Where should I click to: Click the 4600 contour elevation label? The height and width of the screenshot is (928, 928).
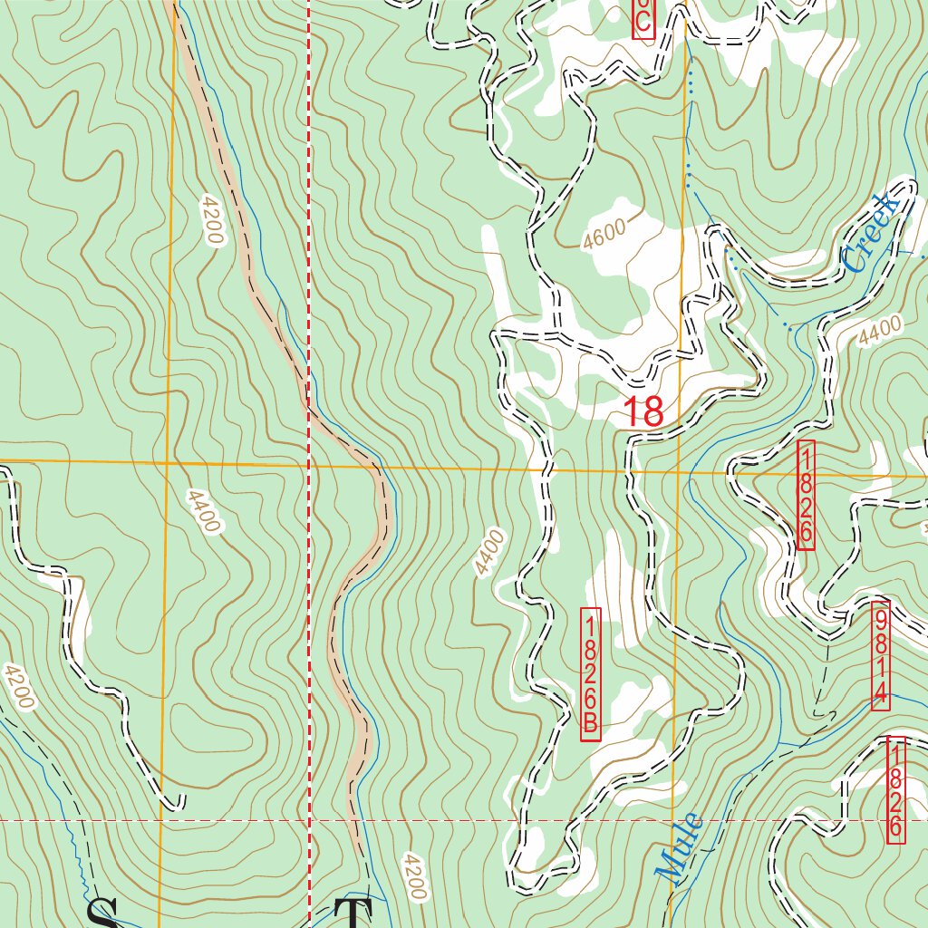pos(605,237)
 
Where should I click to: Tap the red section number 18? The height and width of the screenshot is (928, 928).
pos(644,412)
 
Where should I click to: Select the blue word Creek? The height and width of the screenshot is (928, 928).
pos(871,233)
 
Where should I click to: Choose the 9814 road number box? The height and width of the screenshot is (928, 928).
pos(880,655)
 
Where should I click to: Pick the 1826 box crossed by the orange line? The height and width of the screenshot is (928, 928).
pos(806,495)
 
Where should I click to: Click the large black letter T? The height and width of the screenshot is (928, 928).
pos(354,913)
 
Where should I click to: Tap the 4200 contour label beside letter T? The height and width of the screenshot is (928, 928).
pos(411,876)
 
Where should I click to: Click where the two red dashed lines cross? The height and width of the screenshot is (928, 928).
pos(309,820)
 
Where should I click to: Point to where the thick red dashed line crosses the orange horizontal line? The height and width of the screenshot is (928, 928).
pos(309,466)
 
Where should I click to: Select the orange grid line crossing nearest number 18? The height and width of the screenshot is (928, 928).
pos(679,471)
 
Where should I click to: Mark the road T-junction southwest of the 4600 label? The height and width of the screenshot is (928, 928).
pos(556,331)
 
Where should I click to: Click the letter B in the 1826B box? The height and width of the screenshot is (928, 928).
pos(591,726)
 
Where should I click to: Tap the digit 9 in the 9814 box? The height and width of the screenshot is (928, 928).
pos(880,621)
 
